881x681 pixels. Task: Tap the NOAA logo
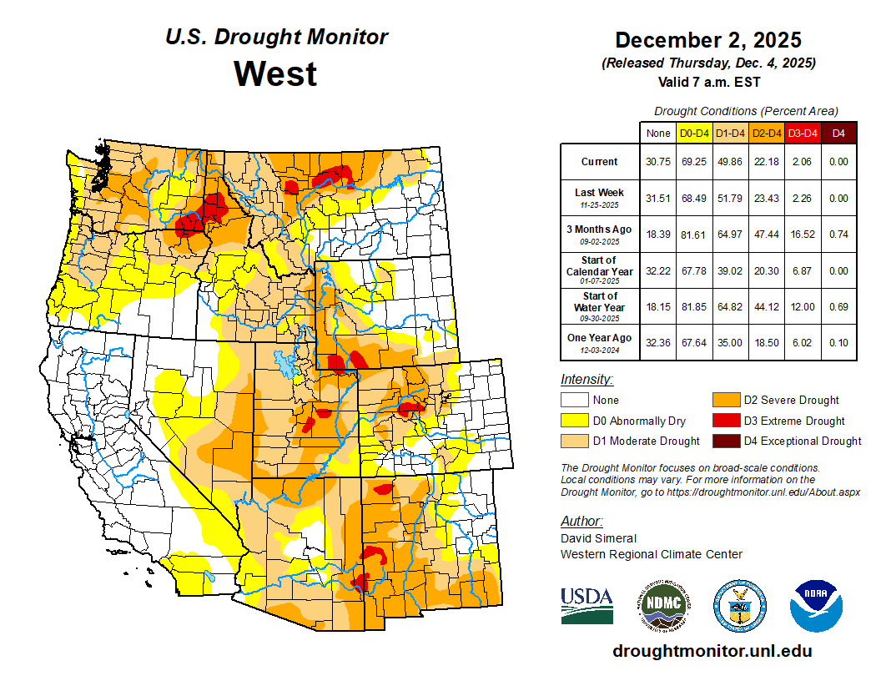(816, 605)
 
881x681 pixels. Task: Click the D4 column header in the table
(838, 133)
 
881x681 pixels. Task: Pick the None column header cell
(658, 133)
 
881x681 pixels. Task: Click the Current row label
(600, 162)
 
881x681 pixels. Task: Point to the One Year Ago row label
(600, 338)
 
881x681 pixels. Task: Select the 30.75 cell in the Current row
(658, 162)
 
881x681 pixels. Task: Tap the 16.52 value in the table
(803, 234)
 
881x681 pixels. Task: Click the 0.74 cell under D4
(838, 234)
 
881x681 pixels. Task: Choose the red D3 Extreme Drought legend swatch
(725, 421)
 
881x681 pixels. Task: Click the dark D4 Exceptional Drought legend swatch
(725, 441)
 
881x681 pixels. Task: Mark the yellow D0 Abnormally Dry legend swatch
(573, 421)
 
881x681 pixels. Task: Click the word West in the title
(275, 73)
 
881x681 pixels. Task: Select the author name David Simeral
(598, 538)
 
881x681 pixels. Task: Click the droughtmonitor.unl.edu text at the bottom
(712, 651)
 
